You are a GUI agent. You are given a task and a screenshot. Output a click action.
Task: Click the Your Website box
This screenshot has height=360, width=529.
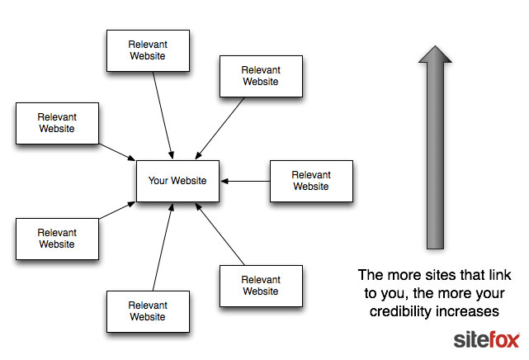pos(177,181)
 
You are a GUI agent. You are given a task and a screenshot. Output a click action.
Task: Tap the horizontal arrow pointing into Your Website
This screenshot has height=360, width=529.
pos(245,181)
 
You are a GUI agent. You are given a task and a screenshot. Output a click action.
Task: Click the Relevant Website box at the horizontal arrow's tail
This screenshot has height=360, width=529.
pos(311,181)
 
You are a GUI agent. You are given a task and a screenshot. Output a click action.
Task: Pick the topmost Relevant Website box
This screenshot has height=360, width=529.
pos(148,50)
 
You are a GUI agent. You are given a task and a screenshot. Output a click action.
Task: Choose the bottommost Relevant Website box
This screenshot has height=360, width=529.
pos(148,311)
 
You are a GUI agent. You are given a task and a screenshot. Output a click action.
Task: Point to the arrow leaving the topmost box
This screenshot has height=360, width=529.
pos(163,115)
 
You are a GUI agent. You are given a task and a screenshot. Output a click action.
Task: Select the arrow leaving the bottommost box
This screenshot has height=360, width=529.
pos(163,247)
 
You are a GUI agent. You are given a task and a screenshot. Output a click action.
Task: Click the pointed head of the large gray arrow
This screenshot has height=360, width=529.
pos(435,46)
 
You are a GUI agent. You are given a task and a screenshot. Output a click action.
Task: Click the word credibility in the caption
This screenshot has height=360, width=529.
pos(399,311)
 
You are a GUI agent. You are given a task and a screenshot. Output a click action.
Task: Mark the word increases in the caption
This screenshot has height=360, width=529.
pos(466,311)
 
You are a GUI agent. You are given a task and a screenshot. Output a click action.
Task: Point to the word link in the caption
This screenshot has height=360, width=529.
pos(500,275)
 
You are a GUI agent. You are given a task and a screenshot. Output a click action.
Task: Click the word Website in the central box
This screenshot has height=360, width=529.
pos(189,181)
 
